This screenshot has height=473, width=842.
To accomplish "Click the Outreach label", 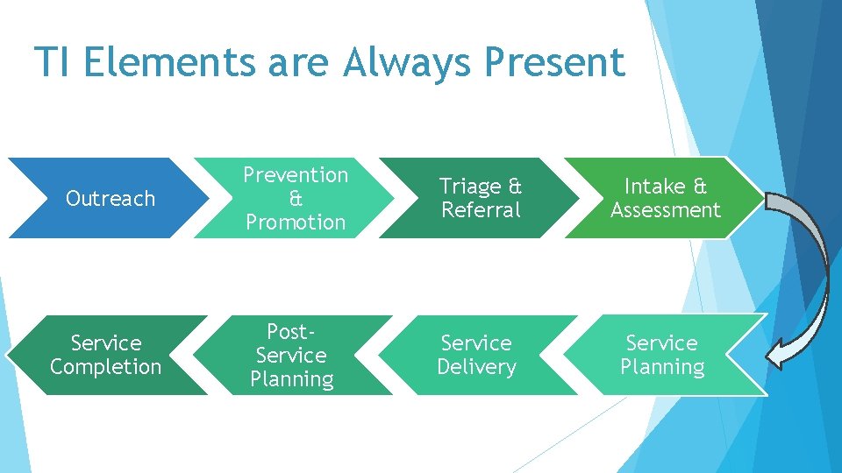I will point(111,199).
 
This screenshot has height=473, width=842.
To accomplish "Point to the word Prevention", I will point(296,175).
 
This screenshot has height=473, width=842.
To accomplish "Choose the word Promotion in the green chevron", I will point(296,222).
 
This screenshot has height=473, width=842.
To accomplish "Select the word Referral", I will point(481,210).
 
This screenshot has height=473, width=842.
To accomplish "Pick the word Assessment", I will point(666,210).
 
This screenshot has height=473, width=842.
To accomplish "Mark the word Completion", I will point(106,366).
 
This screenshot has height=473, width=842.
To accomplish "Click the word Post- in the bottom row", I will point(291,332).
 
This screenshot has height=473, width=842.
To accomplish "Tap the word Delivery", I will point(476,366).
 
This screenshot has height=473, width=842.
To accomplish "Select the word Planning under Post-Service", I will point(291,379).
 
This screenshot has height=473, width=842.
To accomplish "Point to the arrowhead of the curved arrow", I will point(776,355).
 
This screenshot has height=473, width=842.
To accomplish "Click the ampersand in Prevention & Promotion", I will point(296,199).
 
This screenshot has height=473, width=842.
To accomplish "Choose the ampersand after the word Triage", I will point(515,187).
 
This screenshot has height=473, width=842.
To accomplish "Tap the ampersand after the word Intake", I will point(699,187).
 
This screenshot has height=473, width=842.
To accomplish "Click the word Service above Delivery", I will point(476,342).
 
